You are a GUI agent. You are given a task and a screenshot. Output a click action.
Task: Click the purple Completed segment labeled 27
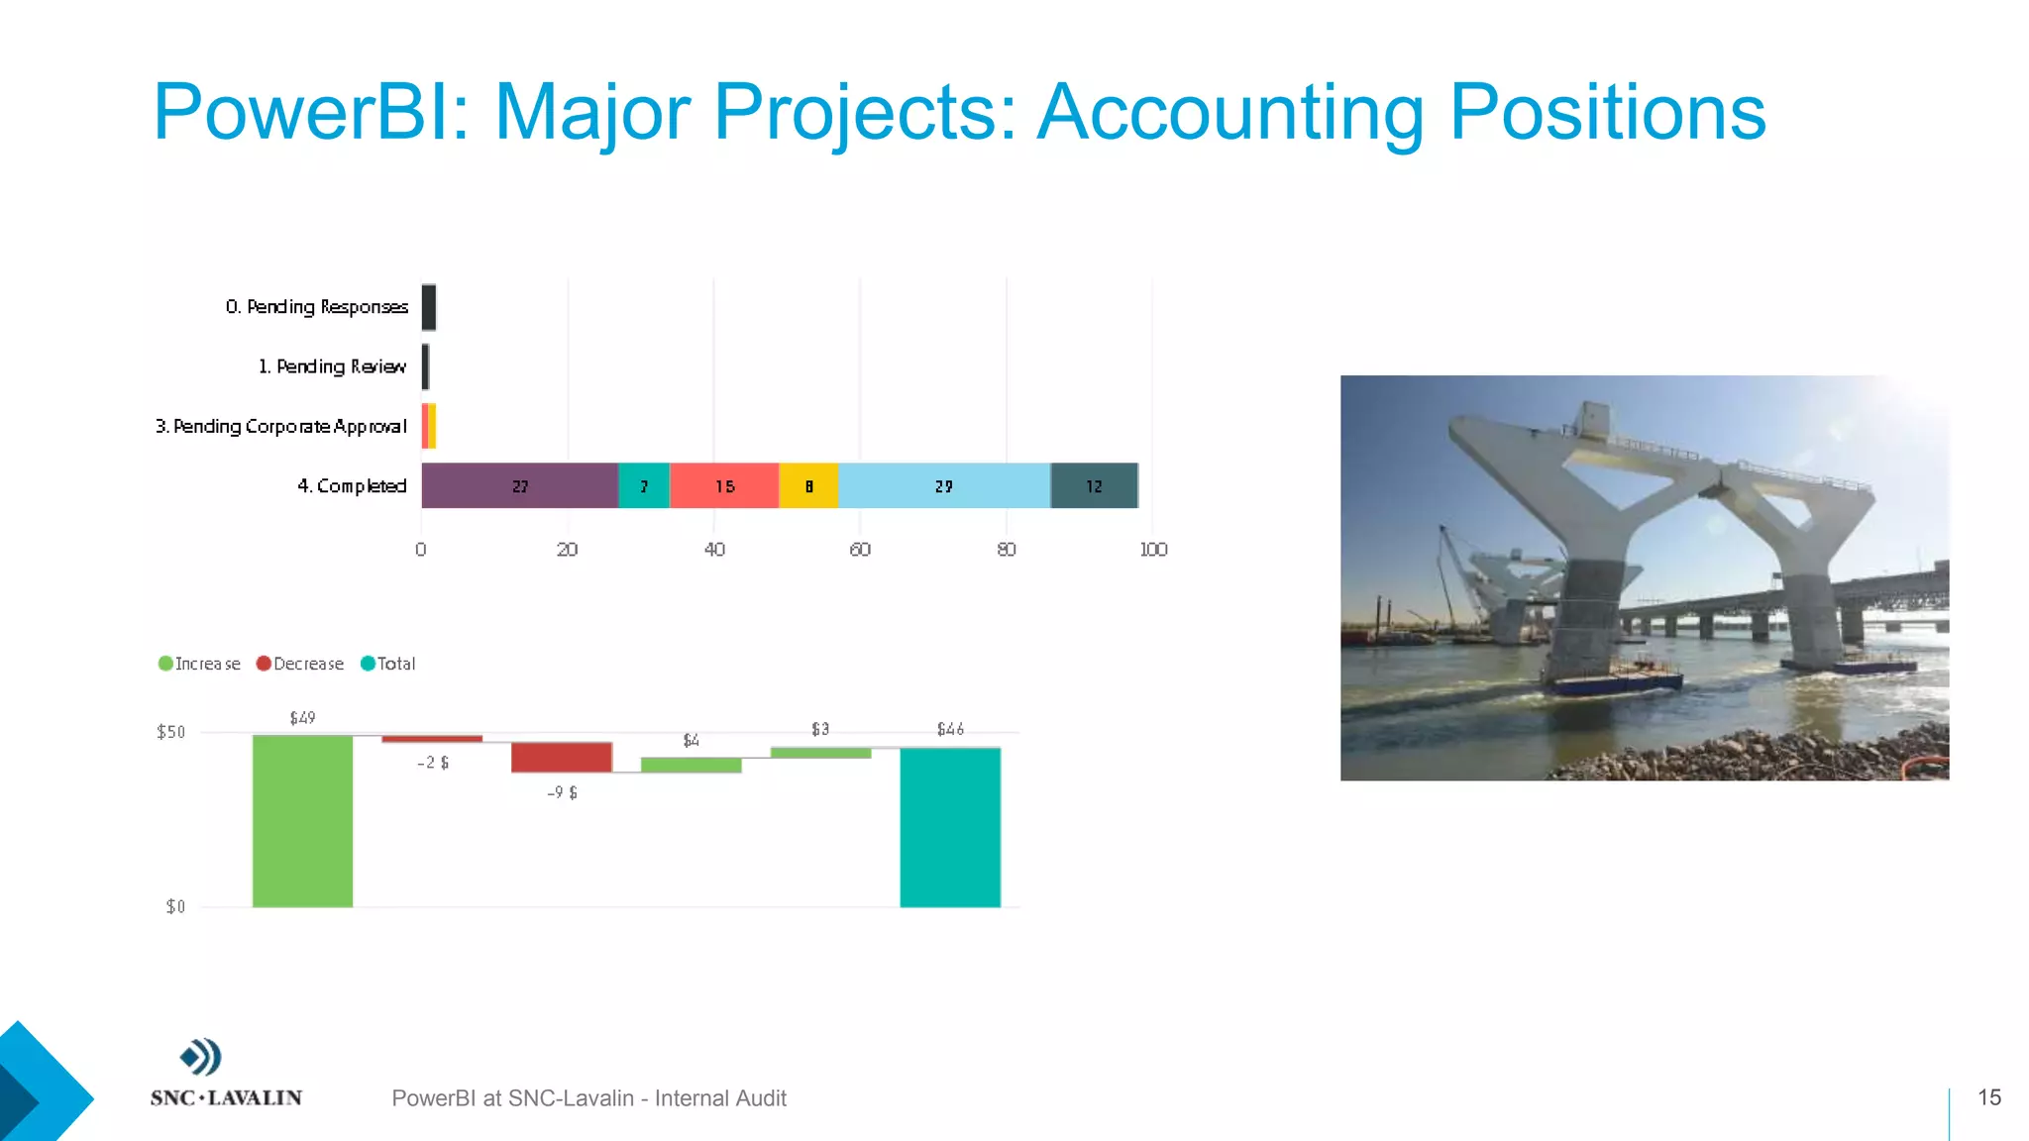519,485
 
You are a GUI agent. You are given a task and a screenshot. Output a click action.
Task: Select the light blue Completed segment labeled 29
943,485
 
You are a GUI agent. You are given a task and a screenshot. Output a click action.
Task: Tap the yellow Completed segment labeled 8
808,485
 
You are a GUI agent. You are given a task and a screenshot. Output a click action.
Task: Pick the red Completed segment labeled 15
724,485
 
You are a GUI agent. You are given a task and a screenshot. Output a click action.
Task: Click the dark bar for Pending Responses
429,307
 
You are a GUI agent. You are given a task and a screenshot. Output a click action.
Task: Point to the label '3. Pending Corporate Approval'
281,426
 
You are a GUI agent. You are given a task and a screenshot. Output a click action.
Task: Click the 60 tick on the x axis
860,550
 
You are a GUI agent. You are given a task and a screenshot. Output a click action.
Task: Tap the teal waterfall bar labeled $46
950,827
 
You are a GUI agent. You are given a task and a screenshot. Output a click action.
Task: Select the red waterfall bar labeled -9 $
562,757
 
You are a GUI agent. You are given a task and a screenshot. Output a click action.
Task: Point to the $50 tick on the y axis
171,732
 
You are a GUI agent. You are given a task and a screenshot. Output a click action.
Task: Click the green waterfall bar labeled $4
692,765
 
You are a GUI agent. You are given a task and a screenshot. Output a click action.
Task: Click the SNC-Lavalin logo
226,1073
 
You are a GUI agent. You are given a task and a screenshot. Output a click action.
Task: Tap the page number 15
1989,1097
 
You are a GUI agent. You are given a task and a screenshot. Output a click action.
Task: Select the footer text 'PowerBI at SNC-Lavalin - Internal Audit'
588,1098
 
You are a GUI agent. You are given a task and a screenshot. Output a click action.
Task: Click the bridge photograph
1645,577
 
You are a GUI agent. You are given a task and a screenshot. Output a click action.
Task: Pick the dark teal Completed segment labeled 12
1094,485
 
